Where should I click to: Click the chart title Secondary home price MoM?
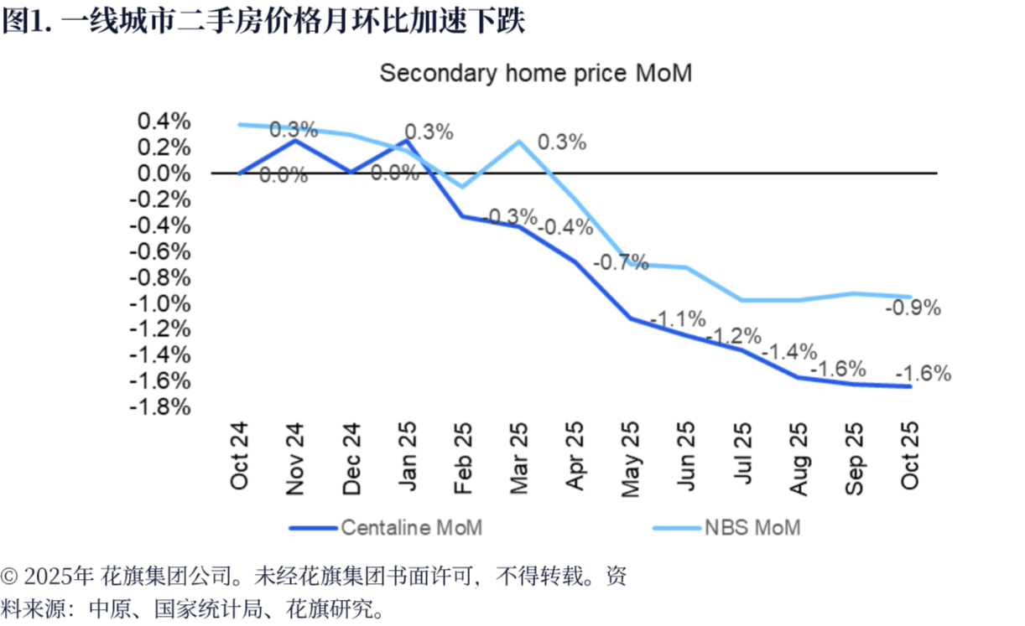535,73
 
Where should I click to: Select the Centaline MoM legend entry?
411,527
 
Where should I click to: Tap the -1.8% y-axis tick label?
159,407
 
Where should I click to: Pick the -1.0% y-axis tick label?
159,303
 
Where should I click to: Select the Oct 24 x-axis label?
240,458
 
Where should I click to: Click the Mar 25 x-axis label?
518,458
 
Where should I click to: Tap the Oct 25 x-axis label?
910,458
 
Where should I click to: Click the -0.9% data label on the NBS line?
913,308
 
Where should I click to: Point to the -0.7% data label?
621,263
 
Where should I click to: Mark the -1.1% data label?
678,319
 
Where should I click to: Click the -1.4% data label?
789,351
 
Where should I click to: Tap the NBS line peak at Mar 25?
518,141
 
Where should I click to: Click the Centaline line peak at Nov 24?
294,140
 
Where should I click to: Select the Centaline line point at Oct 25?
910,386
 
